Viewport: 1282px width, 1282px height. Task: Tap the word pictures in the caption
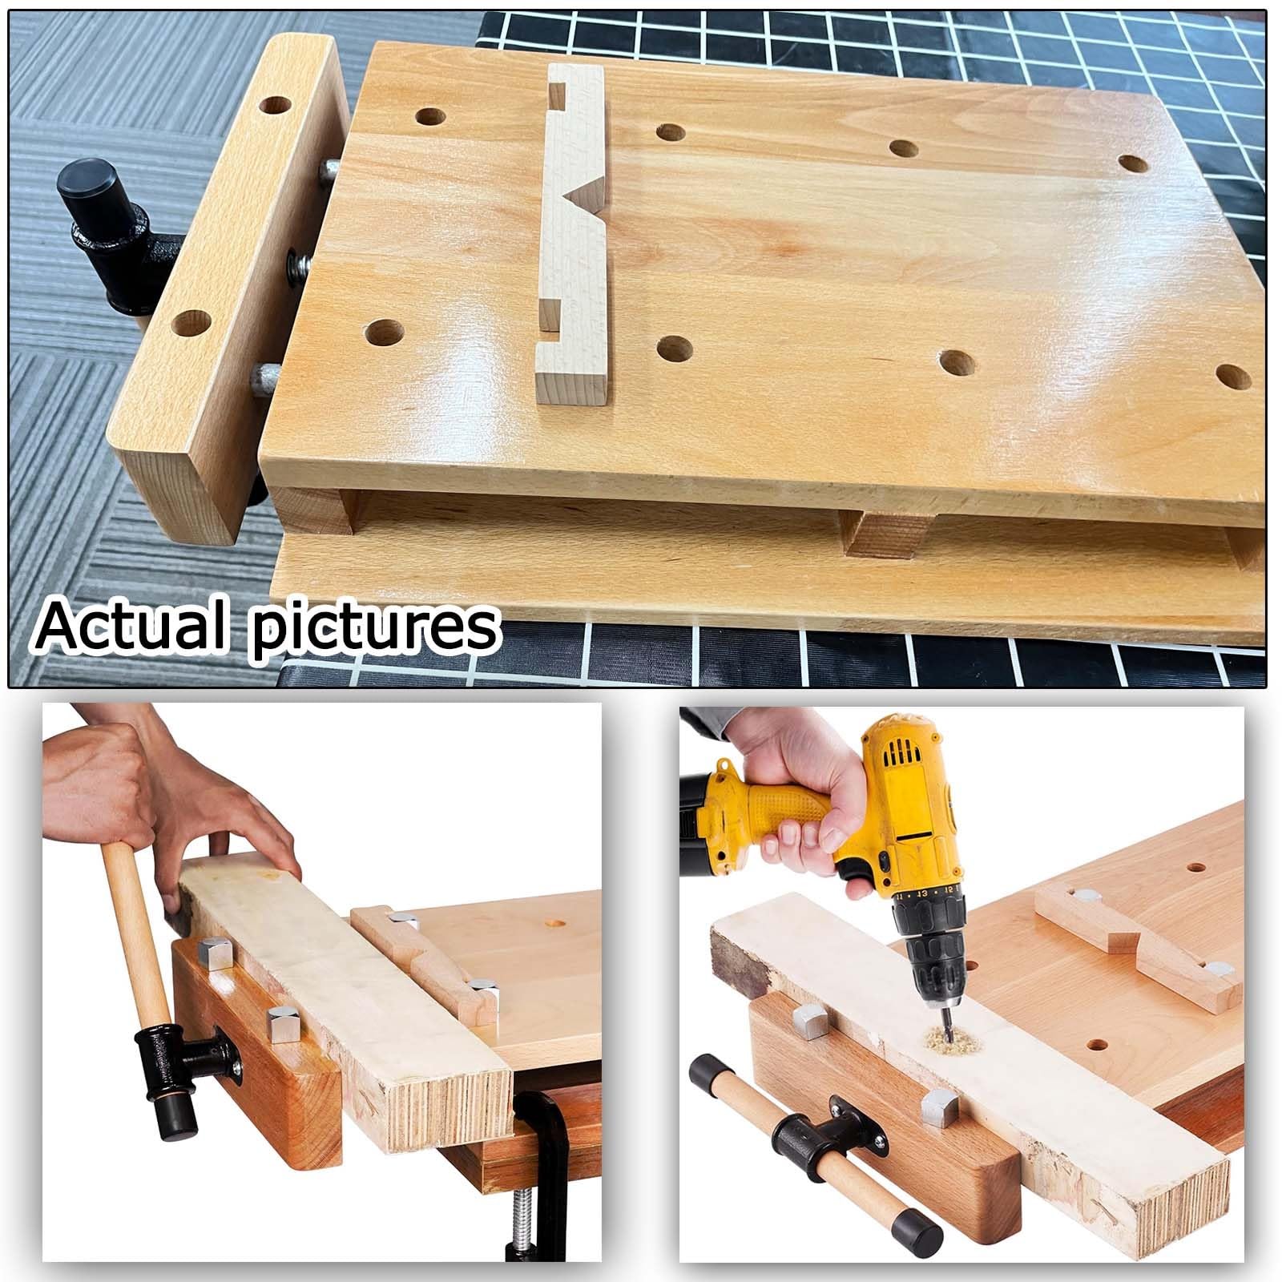tap(373, 627)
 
